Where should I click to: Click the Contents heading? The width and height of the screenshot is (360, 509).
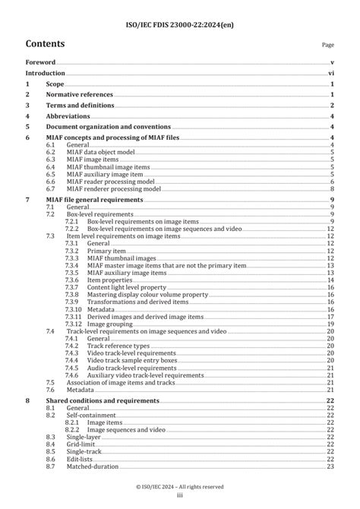[x=45, y=44]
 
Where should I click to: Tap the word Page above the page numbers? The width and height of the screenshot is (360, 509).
[x=328, y=46]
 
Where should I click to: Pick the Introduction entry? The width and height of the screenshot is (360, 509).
[x=45, y=73]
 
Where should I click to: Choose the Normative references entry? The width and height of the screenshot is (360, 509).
[x=79, y=94]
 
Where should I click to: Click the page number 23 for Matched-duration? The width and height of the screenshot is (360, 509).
[x=330, y=466]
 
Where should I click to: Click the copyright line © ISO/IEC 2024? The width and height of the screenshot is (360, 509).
[x=180, y=486]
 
